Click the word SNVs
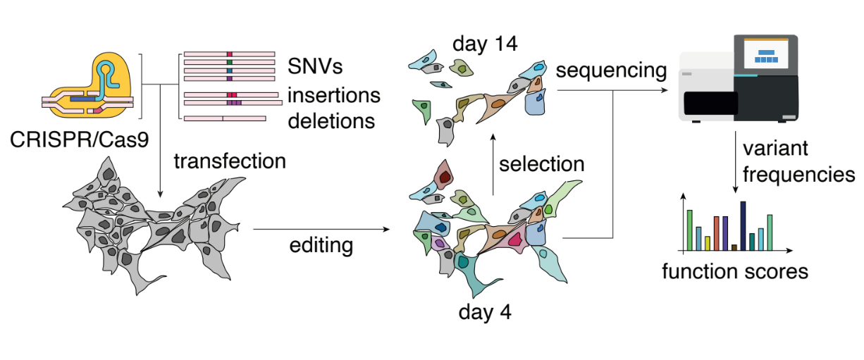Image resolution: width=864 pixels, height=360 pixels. (315, 68)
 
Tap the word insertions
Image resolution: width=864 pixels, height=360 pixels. (335, 94)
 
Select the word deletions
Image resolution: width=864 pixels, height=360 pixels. (331, 120)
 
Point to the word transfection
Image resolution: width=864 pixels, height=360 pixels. (230, 161)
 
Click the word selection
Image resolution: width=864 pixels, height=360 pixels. (542, 163)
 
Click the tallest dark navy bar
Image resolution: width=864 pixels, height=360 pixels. (743, 226)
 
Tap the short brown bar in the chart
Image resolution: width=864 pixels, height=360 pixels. (734, 247)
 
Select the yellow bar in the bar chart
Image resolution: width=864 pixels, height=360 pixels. (707, 243)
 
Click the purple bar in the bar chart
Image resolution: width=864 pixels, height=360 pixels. (725, 233)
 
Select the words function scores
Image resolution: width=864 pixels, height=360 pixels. (734, 270)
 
